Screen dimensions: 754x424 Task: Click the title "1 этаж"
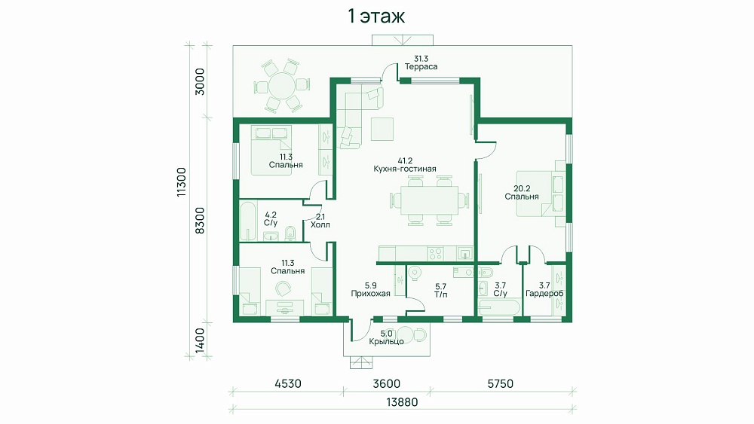[376, 17]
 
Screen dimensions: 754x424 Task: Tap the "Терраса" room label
[421, 67]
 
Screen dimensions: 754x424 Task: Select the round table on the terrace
[281, 86]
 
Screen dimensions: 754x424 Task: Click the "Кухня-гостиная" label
[405, 169]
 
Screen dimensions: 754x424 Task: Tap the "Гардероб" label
[544, 294]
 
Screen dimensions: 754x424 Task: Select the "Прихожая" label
[370, 294]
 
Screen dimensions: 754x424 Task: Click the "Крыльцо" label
[386, 341]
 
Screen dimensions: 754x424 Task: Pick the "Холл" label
[320, 224]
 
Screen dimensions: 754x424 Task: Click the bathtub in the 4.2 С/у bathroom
[249, 221]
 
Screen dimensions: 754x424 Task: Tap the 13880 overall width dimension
[402, 402]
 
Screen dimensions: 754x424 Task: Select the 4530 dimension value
[288, 383]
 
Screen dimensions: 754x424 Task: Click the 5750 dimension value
[500, 383]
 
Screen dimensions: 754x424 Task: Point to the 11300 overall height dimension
[181, 182]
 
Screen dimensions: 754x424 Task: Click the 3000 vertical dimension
[200, 81]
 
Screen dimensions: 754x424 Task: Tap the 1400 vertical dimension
[200, 340]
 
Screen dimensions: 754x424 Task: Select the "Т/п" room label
[440, 294]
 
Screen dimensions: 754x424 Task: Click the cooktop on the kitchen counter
[435, 253]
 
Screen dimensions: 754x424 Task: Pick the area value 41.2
[405, 161]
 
